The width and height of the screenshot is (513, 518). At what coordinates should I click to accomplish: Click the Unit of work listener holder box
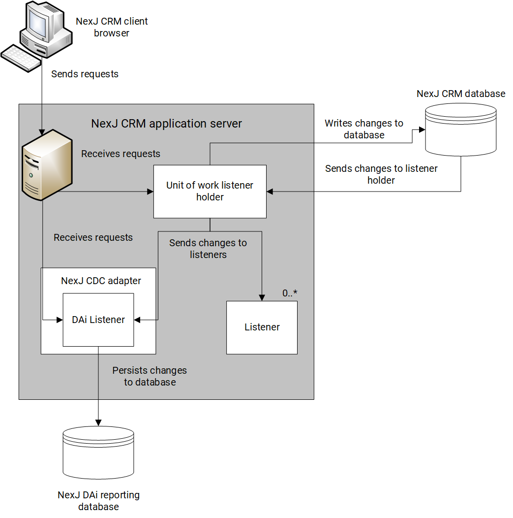coord(210,192)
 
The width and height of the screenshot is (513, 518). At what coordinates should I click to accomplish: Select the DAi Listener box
coord(98,320)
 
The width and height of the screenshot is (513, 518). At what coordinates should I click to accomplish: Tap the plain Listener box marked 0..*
coord(262,327)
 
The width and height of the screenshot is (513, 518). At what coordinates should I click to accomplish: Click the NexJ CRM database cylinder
coord(460,128)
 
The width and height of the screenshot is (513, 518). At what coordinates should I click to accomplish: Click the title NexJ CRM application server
coord(166,123)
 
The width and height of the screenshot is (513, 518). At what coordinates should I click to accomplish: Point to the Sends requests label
coord(85,74)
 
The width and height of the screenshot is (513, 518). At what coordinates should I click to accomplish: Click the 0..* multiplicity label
coord(290,293)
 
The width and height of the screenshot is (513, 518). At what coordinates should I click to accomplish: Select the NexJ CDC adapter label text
coord(101,281)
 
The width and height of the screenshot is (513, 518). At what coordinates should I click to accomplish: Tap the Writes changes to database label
coord(363,129)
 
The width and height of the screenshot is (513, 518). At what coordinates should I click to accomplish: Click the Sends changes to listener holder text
coord(381,174)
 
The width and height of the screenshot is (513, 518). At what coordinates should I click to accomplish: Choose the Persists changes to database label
coord(150,376)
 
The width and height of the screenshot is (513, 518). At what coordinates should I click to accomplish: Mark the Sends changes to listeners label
coord(208,249)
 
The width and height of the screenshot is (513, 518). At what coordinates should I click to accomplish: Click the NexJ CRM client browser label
coord(112,28)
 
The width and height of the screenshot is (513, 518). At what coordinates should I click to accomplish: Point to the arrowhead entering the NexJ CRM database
coord(421,130)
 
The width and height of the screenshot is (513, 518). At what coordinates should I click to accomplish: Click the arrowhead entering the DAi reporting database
coord(98,422)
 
